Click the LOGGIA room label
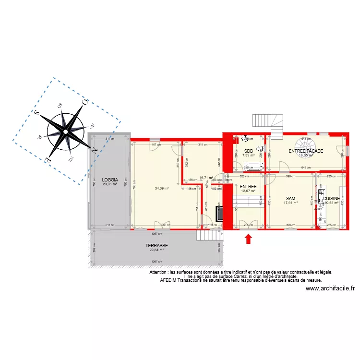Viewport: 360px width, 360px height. pyautogui.click(x=109, y=180)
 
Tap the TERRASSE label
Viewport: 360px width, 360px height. pyautogui.click(x=156, y=245)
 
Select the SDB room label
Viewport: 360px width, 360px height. pyautogui.click(x=248, y=151)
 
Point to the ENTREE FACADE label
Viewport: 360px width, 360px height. pyautogui.click(x=306, y=151)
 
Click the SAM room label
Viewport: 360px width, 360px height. pyautogui.click(x=290, y=198)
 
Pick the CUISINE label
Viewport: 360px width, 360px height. pyautogui.click(x=332, y=198)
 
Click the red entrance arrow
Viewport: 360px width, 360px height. pyautogui.click(x=249, y=239)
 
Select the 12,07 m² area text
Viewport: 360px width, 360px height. pyautogui.click(x=248, y=191)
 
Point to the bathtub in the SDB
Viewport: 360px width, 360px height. pyautogui.click(x=253, y=167)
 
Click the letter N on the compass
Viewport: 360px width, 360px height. pyautogui.click(x=95, y=150)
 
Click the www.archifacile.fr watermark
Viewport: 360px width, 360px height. pyautogui.click(x=330, y=288)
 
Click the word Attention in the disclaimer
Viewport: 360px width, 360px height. pyautogui.click(x=158, y=272)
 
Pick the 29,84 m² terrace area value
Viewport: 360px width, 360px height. pyautogui.click(x=156, y=250)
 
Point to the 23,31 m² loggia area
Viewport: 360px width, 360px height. pyautogui.click(x=109, y=184)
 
